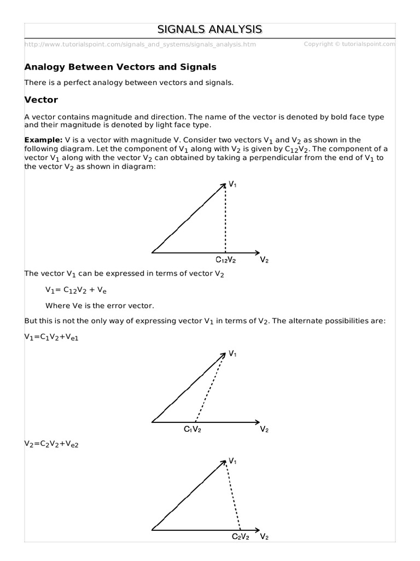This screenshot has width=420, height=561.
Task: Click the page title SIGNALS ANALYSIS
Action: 210,29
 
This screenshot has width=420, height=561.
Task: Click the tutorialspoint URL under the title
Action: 140,44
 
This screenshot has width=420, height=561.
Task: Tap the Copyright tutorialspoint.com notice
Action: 349,44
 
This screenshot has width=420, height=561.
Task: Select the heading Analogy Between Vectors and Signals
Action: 120,67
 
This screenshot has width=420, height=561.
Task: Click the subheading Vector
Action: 41,100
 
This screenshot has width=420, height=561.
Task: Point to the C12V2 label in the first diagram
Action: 226,260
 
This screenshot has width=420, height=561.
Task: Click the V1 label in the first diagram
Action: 233,185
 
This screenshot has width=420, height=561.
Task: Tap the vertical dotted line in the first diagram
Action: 225,219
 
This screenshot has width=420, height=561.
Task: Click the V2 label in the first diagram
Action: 264,260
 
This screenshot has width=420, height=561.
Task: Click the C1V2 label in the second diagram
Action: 192,429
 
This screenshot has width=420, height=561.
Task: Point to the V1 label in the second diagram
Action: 233,354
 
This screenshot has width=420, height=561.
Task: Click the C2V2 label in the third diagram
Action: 241,536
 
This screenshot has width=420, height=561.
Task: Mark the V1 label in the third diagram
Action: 233,461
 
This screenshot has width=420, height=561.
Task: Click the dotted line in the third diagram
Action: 233,496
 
